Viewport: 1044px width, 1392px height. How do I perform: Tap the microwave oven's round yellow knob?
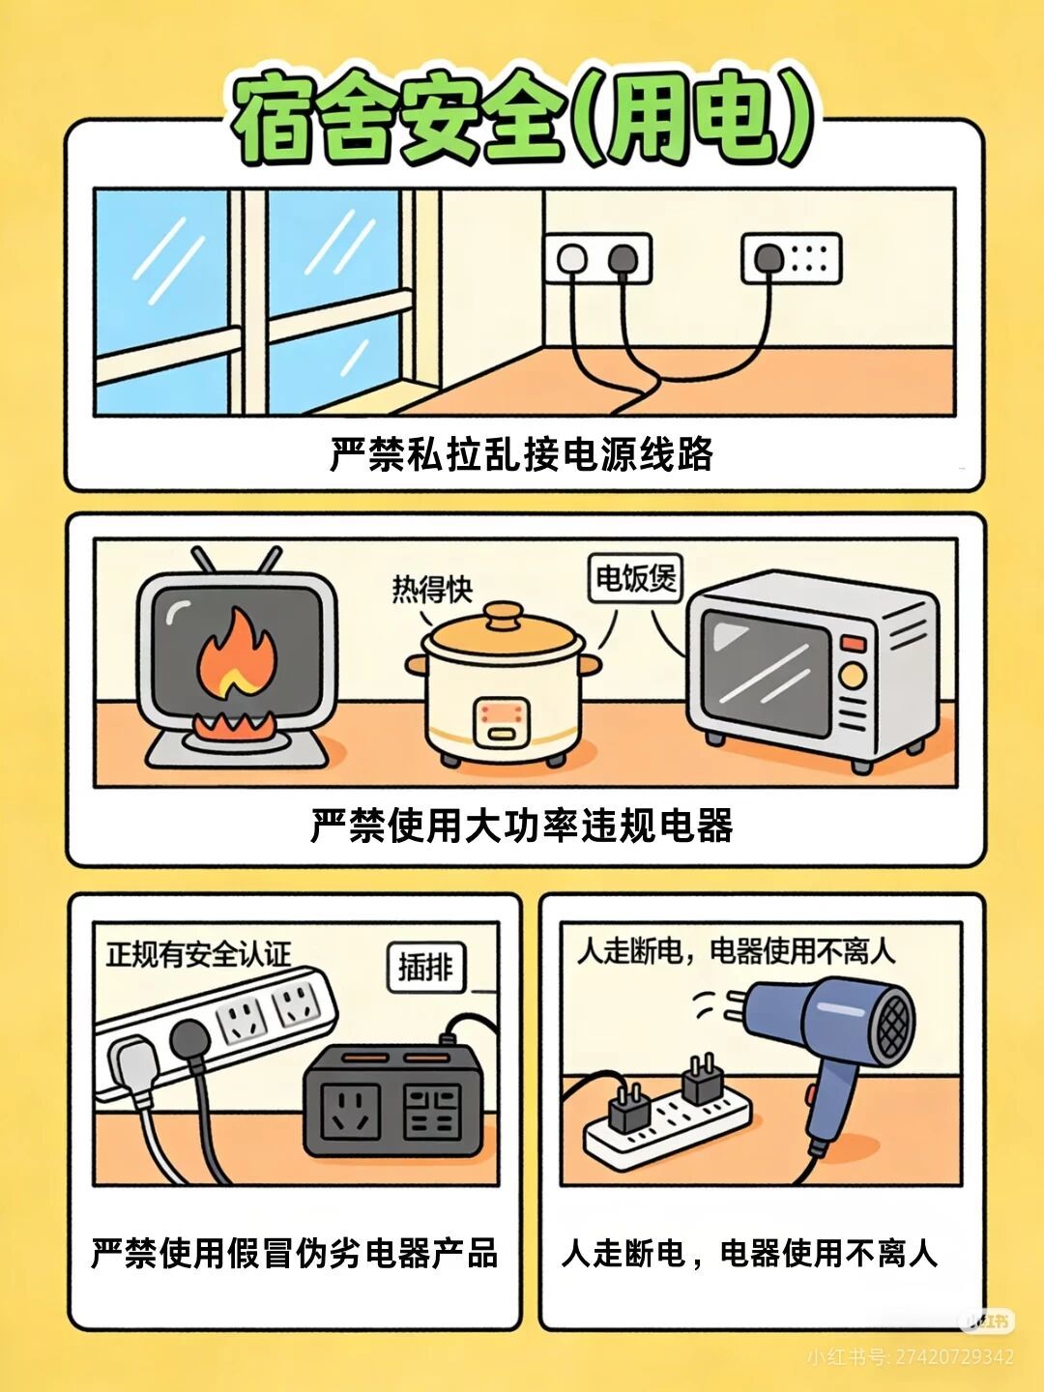[x=853, y=676]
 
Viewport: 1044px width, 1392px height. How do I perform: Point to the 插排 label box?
[x=426, y=969]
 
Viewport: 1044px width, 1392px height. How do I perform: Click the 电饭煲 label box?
[x=635, y=578]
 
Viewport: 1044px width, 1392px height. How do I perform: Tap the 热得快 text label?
[x=432, y=589]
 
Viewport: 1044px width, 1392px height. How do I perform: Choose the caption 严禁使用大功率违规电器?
[x=521, y=826]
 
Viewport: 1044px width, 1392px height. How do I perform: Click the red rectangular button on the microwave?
[x=853, y=644]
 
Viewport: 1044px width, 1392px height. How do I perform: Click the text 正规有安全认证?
[x=198, y=954]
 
